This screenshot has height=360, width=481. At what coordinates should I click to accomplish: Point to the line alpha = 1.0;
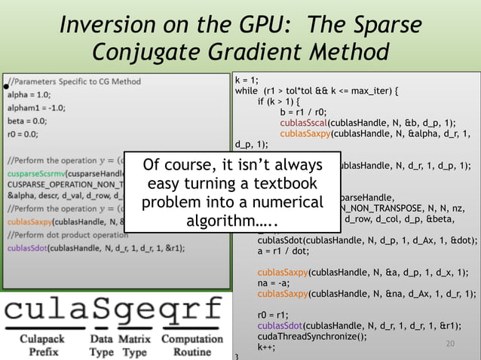[x=29, y=95]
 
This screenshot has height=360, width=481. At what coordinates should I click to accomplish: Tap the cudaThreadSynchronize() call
[x=312, y=337]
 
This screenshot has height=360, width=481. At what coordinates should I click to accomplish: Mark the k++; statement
[x=266, y=347]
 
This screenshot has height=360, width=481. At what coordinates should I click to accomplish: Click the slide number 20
[x=452, y=344]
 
